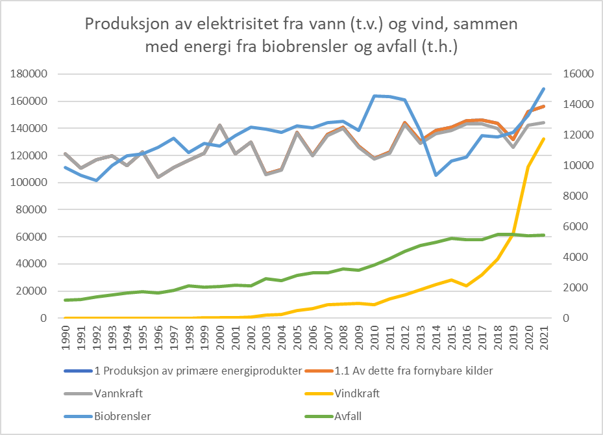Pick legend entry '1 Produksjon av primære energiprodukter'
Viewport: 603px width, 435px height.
pos(188,371)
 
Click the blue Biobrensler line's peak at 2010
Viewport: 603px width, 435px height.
pos(375,96)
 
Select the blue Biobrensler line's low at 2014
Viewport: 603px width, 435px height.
pos(436,175)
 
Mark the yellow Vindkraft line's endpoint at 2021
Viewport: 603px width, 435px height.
pos(544,138)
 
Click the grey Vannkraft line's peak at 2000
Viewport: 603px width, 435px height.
pos(220,125)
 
